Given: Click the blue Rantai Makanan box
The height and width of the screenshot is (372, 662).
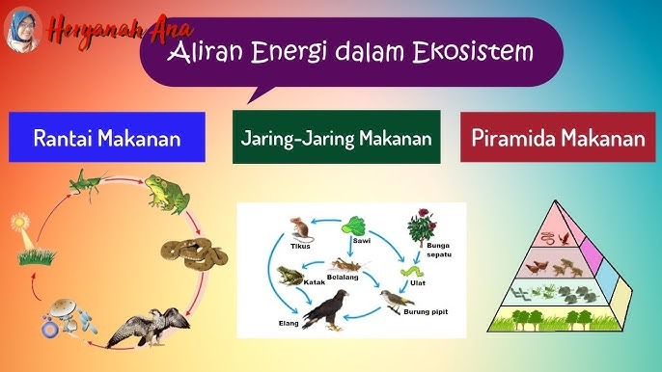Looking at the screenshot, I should click(107, 137).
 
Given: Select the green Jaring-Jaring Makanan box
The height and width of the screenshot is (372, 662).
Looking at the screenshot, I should click(336, 137).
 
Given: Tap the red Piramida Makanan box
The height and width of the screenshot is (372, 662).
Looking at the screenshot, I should click(558, 137).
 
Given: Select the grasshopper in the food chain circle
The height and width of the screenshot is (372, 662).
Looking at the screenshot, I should click(89, 181).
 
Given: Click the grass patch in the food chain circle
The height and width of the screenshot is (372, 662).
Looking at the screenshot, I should click(36, 256).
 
